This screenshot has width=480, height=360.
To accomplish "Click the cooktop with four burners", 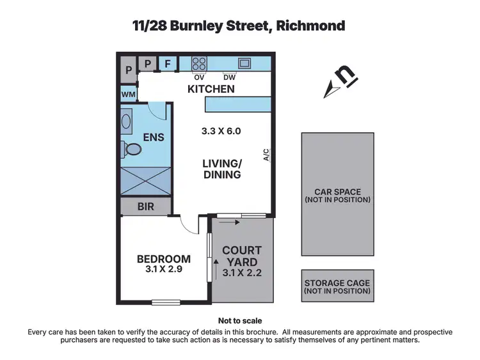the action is (x=199, y=63).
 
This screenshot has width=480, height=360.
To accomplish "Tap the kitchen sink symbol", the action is (x=244, y=63).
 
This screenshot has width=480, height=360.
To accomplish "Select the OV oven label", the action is (x=199, y=78).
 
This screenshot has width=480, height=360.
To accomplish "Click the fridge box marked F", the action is (x=168, y=63).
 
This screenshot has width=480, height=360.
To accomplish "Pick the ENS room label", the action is (x=154, y=137).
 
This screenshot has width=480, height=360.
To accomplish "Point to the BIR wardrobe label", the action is (x=146, y=207).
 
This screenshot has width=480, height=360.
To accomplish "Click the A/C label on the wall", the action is (x=266, y=155).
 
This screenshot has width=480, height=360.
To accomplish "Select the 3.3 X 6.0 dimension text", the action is (x=221, y=132).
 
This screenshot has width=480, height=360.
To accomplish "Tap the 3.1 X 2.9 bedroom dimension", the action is (x=164, y=270).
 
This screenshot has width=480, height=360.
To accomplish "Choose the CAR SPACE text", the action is (x=337, y=191).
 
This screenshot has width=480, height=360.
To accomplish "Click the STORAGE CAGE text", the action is (x=337, y=283).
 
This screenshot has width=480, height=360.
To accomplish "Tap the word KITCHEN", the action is (x=211, y=90).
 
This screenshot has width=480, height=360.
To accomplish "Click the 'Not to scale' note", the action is (x=240, y=321).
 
